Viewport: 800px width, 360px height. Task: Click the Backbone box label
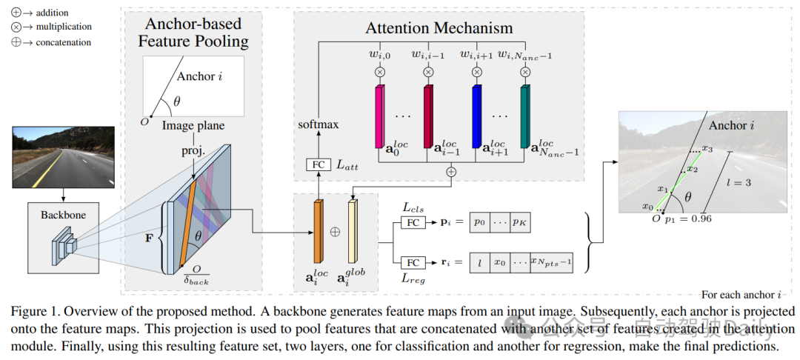(x=62, y=215)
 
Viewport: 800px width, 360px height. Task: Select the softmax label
(x=318, y=124)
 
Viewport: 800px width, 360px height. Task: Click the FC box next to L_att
(x=317, y=165)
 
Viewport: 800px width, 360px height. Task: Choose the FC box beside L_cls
(x=413, y=222)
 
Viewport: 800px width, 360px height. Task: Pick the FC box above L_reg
(x=413, y=263)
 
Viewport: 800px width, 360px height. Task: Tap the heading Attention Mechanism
(x=439, y=28)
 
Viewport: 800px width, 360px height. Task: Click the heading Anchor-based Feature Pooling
(x=193, y=30)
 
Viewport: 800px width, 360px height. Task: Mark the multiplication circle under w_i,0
(x=380, y=73)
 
